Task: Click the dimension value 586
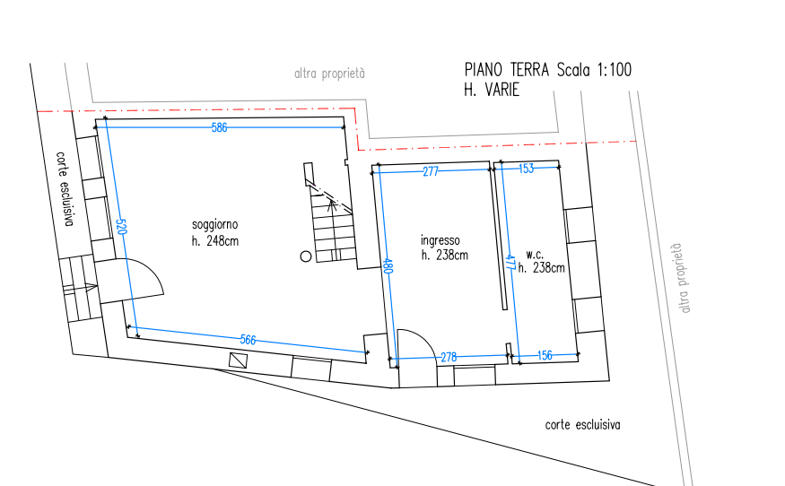pyautogui.click(x=219, y=127)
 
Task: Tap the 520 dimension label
pyautogui.click(x=121, y=227)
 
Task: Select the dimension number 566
pyautogui.click(x=248, y=341)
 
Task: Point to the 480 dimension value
pyautogui.click(x=388, y=265)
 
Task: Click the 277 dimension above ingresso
pyautogui.click(x=431, y=171)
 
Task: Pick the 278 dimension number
pyautogui.click(x=449, y=358)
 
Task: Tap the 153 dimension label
pyautogui.click(x=526, y=169)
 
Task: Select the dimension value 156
pyautogui.click(x=545, y=355)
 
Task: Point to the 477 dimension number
pyautogui.click(x=510, y=263)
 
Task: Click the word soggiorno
pyautogui.click(x=214, y=225)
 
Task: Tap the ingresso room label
pyautogui.click(x=440, y=240)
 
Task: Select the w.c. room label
pyautogui.click(x=535, y=255)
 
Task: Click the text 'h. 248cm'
pyautogui.click(x=214, y=241)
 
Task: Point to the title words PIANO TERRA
pyautogui.click(x=507, y=70)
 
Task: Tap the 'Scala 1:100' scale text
pyautogui.click(x=594, y=70)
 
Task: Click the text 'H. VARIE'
pyautogui.click(x=492, y=90)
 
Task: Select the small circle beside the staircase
pyautogui.click(x=306, y=256)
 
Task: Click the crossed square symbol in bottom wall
pyautogui.click(x=239, y=360)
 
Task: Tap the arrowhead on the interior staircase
pyautogui.click(x=331, y=204)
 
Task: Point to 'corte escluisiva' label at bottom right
pyautogui.click(x=583, y=425)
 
